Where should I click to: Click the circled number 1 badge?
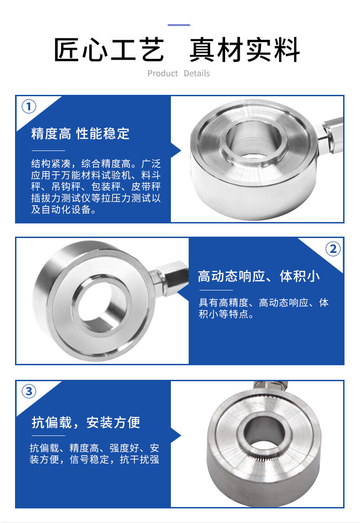pyautogui.click(x=29, y=107)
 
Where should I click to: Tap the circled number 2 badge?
pyautogui.click(x=333, y=249)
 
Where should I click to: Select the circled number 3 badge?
pyautogui.click(x=29, y=391)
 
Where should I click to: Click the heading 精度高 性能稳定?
pyautogui.click(x=80, y=134)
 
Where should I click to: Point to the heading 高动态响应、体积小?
pyautogui.click(x=259, y=276)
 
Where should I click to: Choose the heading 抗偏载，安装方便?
pyautogui.click(x=86, y=422)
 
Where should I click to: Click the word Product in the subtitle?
pyautogui.click(x=163, y=73)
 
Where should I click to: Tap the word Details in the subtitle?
pyautogui.click(x=197, y=73)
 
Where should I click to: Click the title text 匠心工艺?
pyautogui.click(x=109, y=50)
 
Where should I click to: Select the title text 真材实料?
pyautogui.click(x=245, y=50)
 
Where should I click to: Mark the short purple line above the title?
pyautogui.click(x=179, y=25)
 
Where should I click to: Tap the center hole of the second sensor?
pyautogui.click(x=102, y=305)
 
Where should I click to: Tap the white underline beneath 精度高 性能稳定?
pyautogui.click(x=48, y=151)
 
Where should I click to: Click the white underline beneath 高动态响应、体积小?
pyautogui.click(x=216, y=290)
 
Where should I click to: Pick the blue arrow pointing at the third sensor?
pyautogui.click(x=175, y=435)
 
